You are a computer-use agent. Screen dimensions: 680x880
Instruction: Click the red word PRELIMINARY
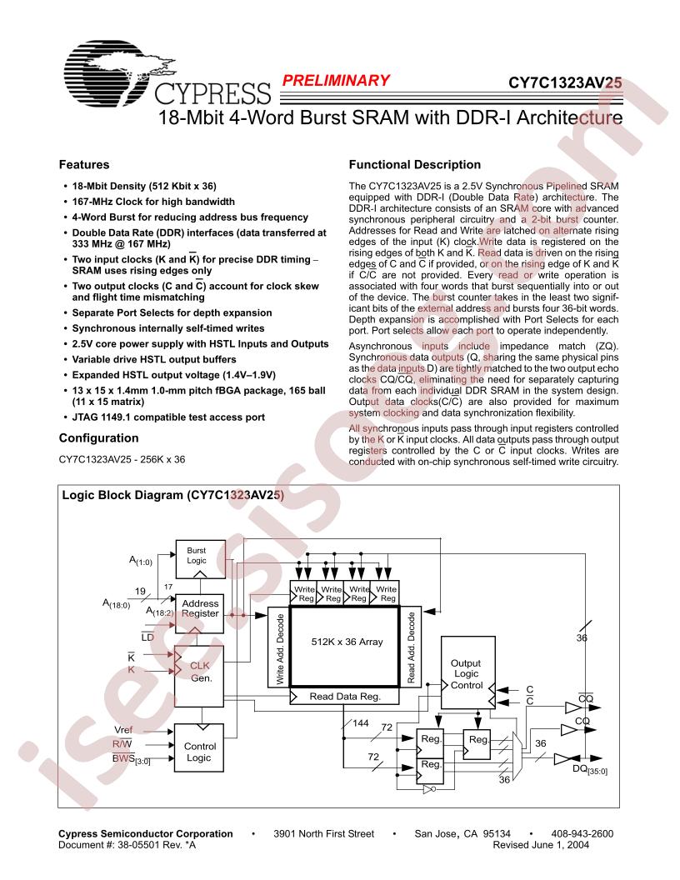[x=336, y=81]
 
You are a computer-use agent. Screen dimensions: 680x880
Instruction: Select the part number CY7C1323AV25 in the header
[x=565, y=83]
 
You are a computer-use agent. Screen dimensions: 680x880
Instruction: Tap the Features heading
[x=84, y=164]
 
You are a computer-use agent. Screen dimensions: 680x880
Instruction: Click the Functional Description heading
[x=415, y=164]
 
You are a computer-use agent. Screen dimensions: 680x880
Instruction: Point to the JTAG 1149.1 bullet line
[x=168, y=417]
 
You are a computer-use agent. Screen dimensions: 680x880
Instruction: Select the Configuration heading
[x=98, y=438]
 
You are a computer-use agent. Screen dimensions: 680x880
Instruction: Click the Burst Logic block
[x=200, y=559]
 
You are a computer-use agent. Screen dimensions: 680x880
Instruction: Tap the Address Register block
[x=200, y=614]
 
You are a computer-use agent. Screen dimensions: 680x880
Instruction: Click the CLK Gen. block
[x=199, y=677]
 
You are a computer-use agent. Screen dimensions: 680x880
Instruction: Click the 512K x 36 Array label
[x=347, y=642]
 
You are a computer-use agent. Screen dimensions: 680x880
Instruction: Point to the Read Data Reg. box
[x=344, y=697]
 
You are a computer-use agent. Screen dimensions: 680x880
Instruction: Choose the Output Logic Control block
[x=468, y=672]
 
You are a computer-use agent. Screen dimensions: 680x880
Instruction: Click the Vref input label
[x=123, y=730]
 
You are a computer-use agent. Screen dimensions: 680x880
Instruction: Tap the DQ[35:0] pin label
[x=590, y=770]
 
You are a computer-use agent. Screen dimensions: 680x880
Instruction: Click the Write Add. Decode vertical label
[x=280, y=649]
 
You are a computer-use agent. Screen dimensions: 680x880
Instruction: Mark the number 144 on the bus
[x=361, y=722]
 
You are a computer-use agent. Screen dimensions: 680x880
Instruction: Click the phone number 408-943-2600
[x=582, y=834]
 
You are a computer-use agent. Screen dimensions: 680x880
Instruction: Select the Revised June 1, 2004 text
[x=541, y=845]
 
